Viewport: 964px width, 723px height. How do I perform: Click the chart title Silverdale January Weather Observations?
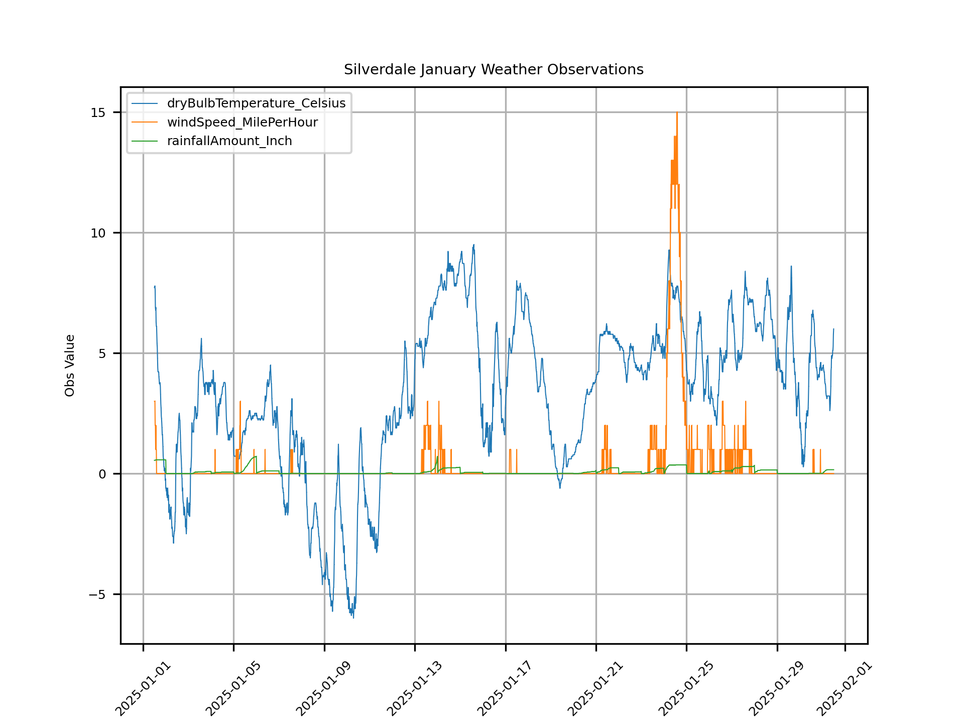(494, 69)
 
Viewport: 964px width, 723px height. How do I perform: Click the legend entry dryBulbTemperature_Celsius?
(256, 103)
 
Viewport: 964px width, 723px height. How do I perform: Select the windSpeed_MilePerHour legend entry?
(242, 123)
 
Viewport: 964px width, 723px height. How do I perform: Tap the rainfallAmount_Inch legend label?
(229, 141)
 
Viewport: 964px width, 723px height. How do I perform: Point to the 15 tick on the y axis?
(98, 112)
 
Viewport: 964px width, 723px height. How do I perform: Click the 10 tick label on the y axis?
(98, 233)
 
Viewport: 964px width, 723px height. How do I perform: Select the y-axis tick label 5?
(102, 353)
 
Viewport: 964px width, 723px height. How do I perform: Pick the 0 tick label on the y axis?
(102, 474)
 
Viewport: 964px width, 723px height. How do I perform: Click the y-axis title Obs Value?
(70, 366)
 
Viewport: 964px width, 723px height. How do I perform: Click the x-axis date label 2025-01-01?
(143, 689)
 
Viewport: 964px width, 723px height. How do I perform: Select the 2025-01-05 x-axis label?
(233, 689)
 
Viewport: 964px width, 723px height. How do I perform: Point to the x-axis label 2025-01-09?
(324, 689)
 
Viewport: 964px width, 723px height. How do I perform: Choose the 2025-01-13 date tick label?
(415, 689)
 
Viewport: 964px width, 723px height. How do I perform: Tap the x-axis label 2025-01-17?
(505, 689)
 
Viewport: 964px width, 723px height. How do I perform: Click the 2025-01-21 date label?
(596, 689)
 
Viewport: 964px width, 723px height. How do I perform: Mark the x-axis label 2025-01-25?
(686, 689)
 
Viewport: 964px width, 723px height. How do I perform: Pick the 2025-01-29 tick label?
(777, 689)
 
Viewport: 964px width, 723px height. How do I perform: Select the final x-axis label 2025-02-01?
(845, 689)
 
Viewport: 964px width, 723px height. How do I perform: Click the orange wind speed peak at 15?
(677, 113)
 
